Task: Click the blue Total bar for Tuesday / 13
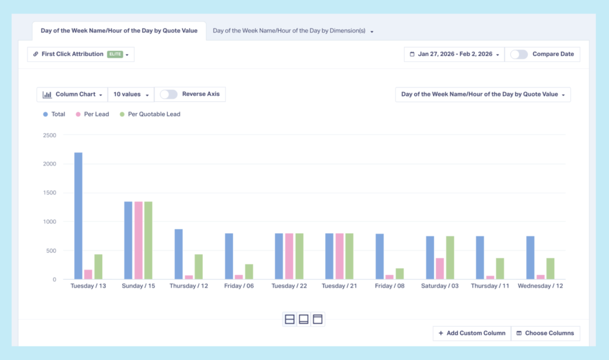coord(79,216)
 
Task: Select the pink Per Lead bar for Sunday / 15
coord(139,240)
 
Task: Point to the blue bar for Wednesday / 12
coord(530,258)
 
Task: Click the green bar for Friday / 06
coord(249,272)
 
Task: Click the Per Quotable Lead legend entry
coord(150,114)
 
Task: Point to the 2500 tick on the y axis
coord(49,135)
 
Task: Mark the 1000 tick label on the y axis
coord(49,222)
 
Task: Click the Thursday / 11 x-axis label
coord(489,286)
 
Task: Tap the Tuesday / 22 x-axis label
coord(290,286)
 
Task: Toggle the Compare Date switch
coord(519,54)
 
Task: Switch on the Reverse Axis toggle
coord(169,94)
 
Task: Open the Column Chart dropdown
coord(72,94)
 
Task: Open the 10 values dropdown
coord(130,94)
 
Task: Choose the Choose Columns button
coord(545,333)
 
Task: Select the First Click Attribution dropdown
coord(81,54)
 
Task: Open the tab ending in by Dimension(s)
coord(293,30)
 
